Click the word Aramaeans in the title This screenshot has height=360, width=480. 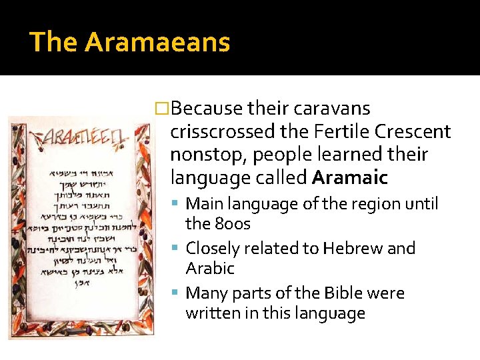point(157,43)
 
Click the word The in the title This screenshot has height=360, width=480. point(54,43)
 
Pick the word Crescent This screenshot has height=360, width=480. point(413,131)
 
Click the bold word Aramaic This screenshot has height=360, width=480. point(349,178)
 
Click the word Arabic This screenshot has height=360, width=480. point(210,269)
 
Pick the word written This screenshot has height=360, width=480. point(213,313)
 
